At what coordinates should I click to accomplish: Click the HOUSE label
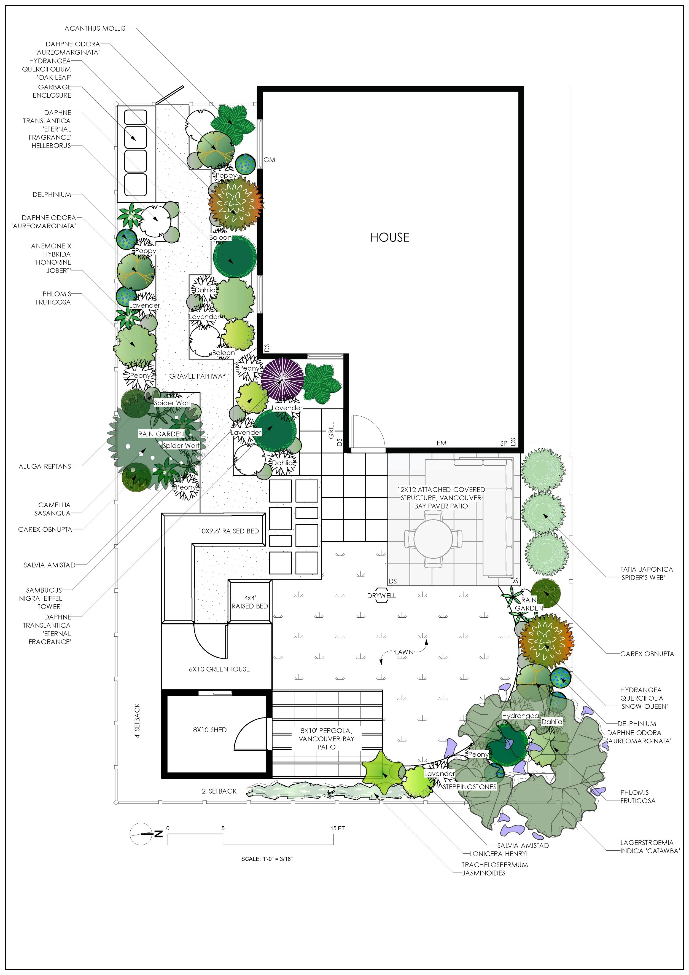coord(389,237)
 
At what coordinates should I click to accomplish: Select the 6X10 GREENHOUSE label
coord(219,669)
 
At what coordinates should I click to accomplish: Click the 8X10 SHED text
coord(210,730)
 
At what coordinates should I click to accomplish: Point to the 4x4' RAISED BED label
coord(250,602)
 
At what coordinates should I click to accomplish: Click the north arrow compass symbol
coord(142,834)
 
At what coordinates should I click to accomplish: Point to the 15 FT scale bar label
coord(338,828)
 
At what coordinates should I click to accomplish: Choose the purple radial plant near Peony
coord(282,378)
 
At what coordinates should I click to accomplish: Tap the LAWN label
coord(404,652)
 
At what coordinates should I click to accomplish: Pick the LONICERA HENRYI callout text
coord(498,854)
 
